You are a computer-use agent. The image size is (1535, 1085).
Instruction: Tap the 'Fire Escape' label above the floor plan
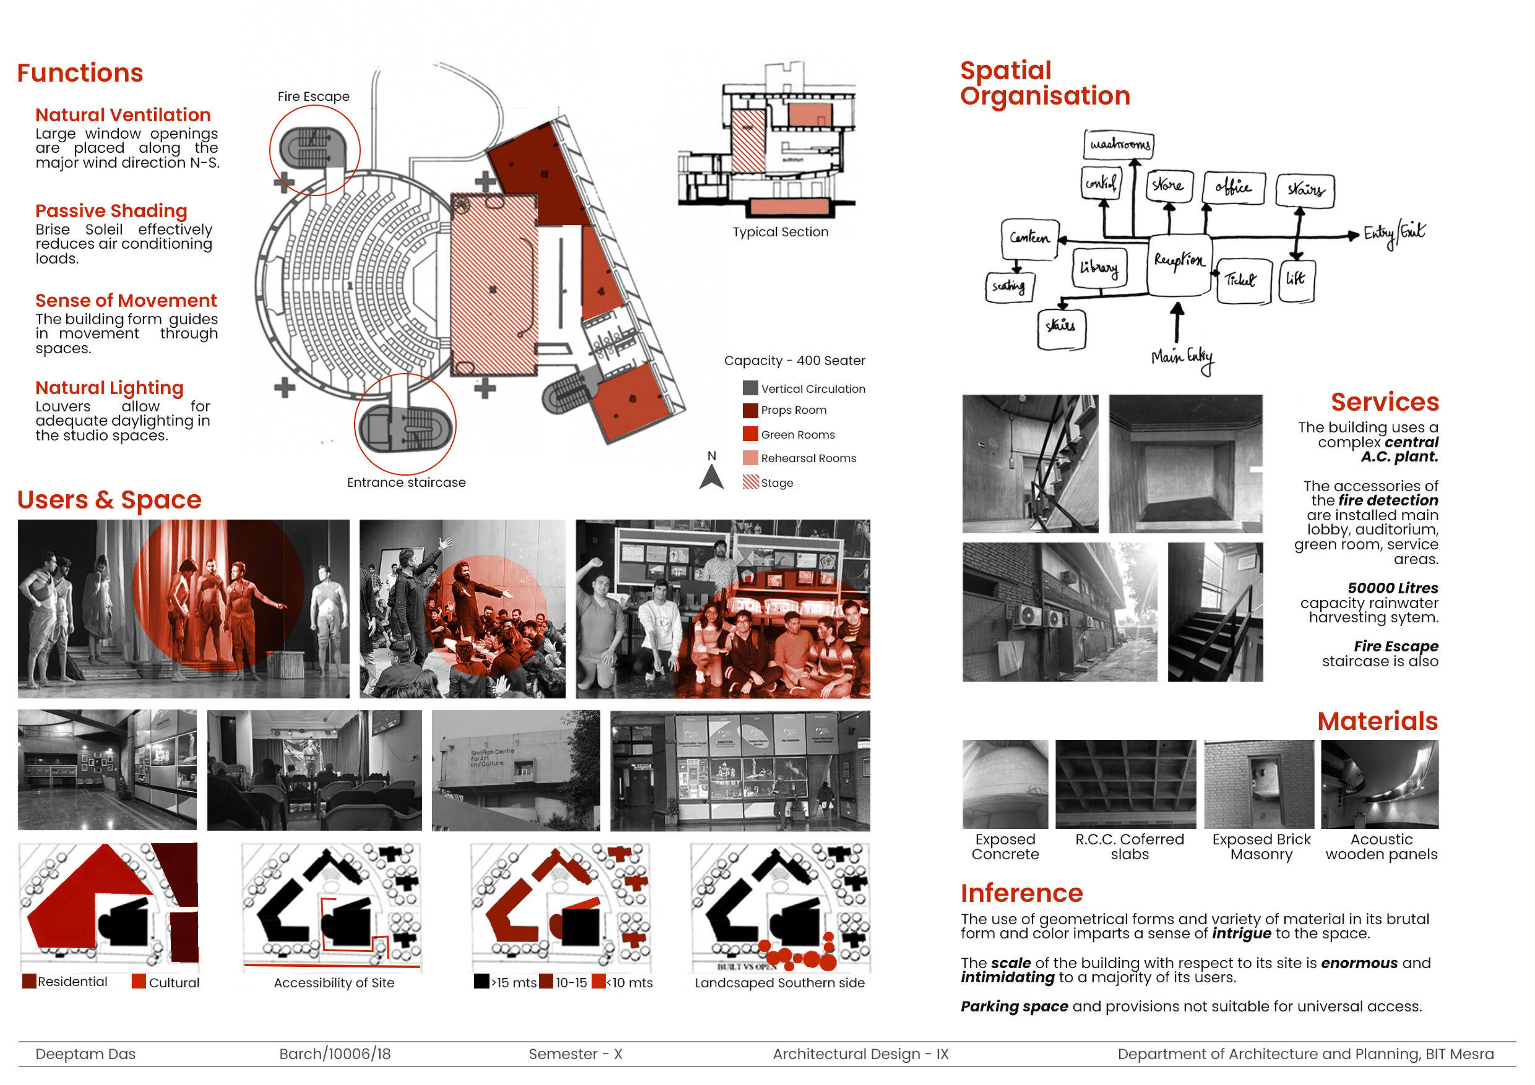313,96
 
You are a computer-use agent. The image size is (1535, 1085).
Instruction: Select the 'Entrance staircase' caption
406,482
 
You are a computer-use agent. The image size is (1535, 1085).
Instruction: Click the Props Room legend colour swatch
750,410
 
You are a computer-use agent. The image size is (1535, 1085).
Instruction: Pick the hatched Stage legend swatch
750,482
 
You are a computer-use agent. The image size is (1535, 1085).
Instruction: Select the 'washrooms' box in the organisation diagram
1118,144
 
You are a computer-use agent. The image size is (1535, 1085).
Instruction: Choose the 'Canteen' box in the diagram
1030,239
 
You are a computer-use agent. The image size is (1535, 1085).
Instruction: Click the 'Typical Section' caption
780,232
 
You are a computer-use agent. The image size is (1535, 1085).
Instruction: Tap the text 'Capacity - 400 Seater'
794,360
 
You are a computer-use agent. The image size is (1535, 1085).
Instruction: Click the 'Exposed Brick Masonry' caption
1261,846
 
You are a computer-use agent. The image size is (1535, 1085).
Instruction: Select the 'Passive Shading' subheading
111,211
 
